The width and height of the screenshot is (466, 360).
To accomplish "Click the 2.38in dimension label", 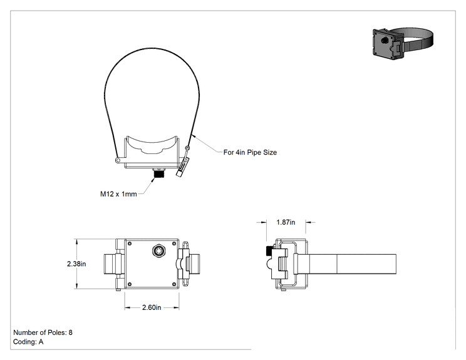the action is click(76, 264).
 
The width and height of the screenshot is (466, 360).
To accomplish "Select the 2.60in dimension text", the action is click(152, 307).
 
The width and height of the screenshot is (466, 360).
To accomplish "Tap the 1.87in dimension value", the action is click(286, 222).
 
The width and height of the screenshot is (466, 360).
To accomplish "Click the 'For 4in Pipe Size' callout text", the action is click(250, 152).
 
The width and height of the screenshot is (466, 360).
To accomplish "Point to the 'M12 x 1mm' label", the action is click(118, 194).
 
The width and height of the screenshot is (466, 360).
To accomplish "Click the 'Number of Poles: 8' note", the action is click(43, 332).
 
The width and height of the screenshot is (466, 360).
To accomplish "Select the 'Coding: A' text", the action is click(28, 342).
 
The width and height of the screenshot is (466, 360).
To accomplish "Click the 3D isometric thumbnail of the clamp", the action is click(403, 43).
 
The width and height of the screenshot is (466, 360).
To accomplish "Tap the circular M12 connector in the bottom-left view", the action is click(158, 251).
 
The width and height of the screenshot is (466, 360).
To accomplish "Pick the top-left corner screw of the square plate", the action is click(130, 244).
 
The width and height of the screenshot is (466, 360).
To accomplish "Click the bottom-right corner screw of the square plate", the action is click(174, 284).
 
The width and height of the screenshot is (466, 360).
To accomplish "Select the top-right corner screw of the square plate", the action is click(174, 244).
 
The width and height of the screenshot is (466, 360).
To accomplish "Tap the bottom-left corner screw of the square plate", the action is click(130, 284).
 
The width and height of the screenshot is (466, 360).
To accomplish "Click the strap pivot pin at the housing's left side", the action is click(118, 161).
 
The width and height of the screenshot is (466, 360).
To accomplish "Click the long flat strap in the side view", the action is click(347, 264).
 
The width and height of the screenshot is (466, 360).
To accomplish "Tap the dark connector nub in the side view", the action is click(269, 251).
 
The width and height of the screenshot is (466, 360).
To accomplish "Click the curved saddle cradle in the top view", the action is click(152, 145).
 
